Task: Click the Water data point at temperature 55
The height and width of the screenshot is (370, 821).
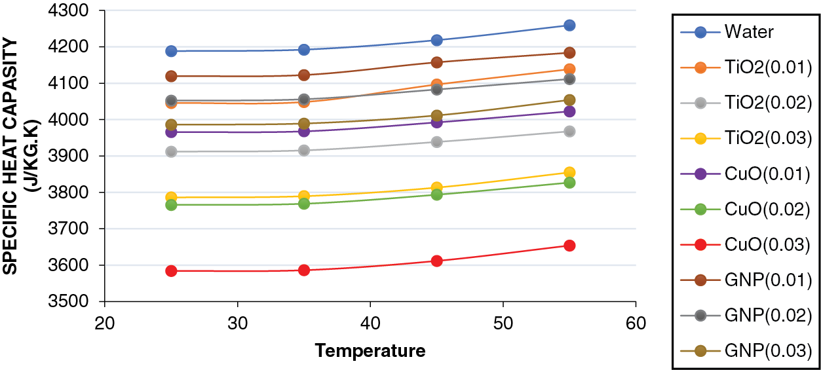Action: (x=569, y=26)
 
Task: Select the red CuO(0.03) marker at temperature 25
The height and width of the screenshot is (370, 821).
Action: (x=172, y=270)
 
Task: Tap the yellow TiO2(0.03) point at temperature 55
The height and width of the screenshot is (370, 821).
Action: (x=569, y=173)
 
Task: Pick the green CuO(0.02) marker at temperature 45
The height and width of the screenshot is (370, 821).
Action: (x=437, y=194)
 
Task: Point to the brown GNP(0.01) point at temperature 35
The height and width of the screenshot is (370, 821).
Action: (x=304, y=75)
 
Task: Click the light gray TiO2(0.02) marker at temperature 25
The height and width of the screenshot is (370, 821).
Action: (x=172, y=151)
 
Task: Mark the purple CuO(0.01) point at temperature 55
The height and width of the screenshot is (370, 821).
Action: (x=569, y=111)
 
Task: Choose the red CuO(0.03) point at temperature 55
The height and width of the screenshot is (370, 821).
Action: (x=569, y=246)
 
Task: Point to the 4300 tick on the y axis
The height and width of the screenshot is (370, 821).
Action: (x=79, y=11)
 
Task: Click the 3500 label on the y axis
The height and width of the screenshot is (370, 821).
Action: (x=79, y=302)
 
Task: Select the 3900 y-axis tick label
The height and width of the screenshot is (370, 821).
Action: (x=79, y=157)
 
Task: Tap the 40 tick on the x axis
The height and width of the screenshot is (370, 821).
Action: (x=370, y=324)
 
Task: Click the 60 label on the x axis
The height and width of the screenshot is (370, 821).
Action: (x=636, y=324)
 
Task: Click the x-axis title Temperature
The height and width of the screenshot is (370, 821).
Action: (x=370, y=351)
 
